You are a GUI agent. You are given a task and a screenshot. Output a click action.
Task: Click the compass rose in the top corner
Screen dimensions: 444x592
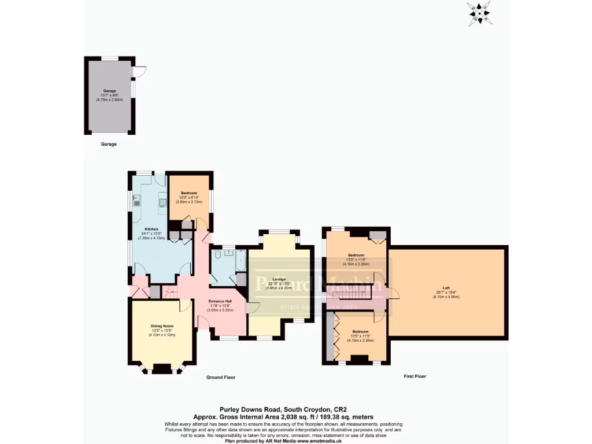[x=479, y=12]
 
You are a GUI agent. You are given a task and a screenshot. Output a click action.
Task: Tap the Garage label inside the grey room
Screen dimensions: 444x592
[x=110, y=91]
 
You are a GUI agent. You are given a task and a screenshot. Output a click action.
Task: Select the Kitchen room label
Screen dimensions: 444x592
[x=151, y=229]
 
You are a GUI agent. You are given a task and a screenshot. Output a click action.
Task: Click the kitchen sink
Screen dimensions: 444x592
[x=136, y=202]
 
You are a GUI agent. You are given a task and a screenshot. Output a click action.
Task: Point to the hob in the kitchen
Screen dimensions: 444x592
[x=163, y=202]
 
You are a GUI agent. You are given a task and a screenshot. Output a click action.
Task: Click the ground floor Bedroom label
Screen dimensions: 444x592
[x=189, y=193]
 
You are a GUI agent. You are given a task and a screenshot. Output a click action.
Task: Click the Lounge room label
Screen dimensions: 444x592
[x=279, y=279]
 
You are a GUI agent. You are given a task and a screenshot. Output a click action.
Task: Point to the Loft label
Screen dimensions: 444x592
[x=446, y=287]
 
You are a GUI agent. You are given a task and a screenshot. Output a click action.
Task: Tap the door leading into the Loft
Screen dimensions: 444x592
[x=393, y=293]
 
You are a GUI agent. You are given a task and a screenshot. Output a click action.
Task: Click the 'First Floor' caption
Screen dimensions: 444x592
[x=415, y=376]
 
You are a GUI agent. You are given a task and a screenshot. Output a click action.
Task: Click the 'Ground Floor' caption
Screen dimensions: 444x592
[x=221, y=378]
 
